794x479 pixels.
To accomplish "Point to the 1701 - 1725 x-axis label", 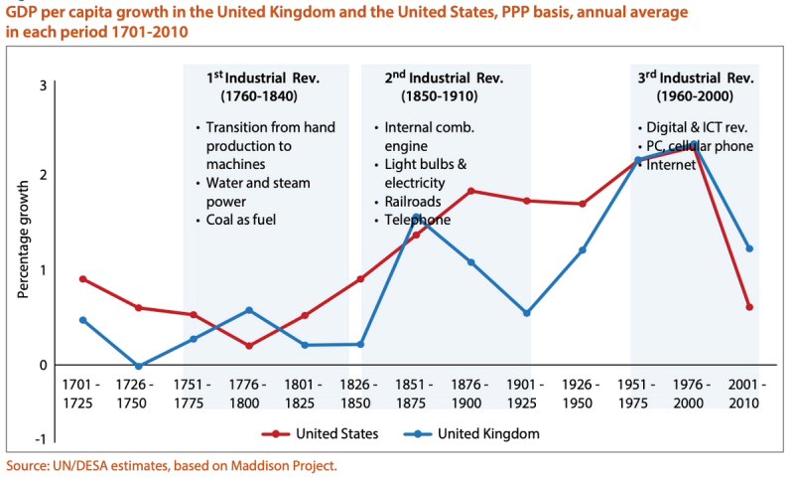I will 82,394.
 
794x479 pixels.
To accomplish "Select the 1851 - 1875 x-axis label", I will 416,394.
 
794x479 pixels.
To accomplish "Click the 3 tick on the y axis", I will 43,85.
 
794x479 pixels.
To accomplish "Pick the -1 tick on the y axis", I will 41,439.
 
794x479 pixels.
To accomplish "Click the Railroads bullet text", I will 412,202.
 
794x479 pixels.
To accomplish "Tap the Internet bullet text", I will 668,165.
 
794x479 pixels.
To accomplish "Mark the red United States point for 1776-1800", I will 249,346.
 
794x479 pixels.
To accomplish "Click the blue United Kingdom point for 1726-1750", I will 138,367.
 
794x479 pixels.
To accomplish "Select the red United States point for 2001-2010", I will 749,307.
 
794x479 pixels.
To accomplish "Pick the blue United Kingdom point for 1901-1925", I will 527,313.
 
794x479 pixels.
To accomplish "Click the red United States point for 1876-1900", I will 471,191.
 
